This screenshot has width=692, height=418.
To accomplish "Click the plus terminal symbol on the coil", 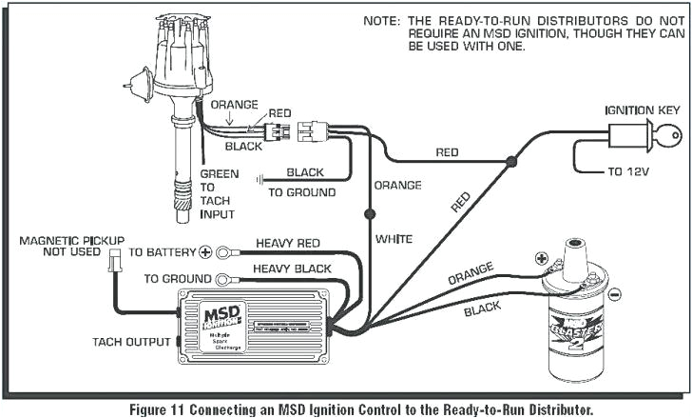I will [x=542, y=258].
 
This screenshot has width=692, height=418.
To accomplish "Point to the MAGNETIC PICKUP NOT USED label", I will [x=71, y=247].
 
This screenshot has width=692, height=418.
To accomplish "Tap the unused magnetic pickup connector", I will [x=114, y=259].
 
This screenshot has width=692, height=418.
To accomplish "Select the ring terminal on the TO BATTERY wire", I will [x=223, y=253].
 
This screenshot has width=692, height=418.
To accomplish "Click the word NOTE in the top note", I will [x=380, y=21].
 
